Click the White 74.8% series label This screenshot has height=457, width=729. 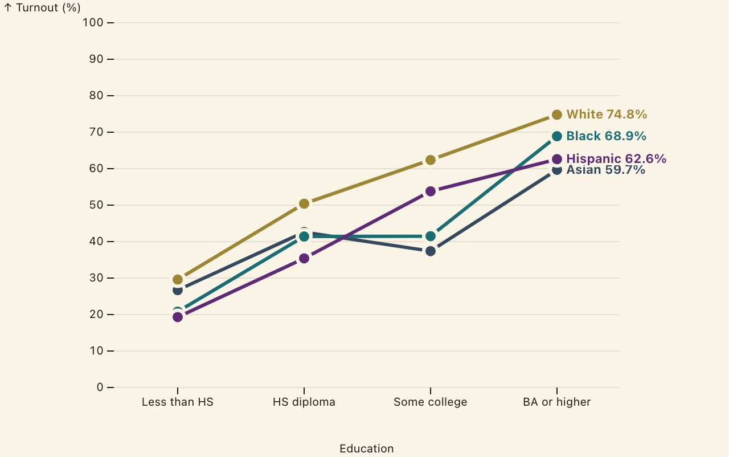pyautogui.click(x=607, y=115)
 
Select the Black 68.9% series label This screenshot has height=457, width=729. pyautogui.click(x=607, y=136)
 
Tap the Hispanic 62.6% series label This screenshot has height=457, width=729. pyautogui.click(x=616, y=159)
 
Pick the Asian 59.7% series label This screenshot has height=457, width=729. pyautogui.click(x=605, y=170)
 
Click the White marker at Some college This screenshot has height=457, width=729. pyautogui.click(x=431, y=160)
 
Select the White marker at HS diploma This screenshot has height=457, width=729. pyautogui.click(x=304, y=204)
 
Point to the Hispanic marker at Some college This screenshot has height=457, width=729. pyautogui.click(x=431, y=191)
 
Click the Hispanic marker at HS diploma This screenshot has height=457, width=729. pyautogui.click(x=304, y=259)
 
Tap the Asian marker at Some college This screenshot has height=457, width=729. pyautogui.click(x=431, y=251)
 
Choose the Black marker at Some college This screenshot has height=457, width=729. pyautogui.click(x=431, y=236)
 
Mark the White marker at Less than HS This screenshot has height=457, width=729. pyautogui.click(x=178, y=280)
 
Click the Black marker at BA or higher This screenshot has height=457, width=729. pyautogui.click(x=557, y=136)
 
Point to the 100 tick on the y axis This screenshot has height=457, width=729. pyautogui.click(x=110, y=23)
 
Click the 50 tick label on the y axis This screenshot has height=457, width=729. pyautogui.click(x=96, y=205)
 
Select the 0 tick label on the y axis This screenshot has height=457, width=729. pyautogui.click(x=100, y=387)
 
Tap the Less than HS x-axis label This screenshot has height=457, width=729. pyautogui.click(x=178, y=402)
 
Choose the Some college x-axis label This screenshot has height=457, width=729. pyautogui.click(x=431, y=402)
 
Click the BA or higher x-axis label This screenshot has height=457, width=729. pyautogui.click(x=557, y=402)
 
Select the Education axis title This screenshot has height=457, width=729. pyautogui.click(x=367, y=448)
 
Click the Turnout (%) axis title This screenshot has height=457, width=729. pyautogui.click(x=48, y=8)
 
